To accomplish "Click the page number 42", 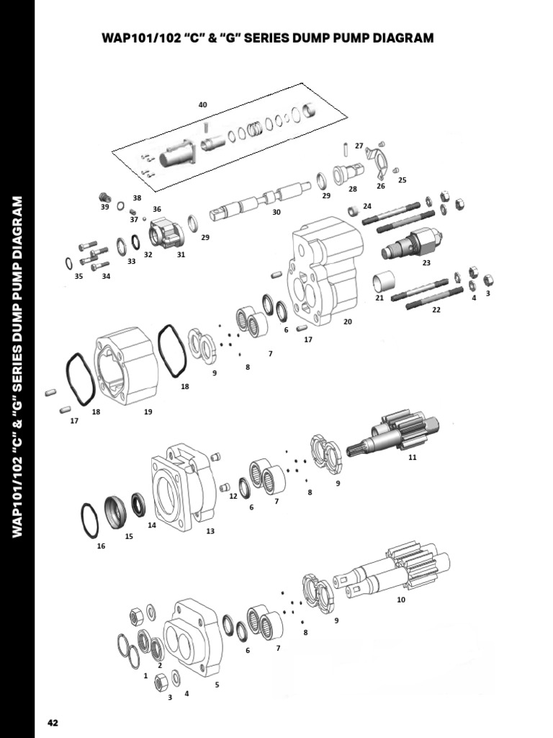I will [x=53, y=722].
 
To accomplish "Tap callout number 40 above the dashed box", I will [x=202, y=105].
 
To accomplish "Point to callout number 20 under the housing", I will [x=348, y=321].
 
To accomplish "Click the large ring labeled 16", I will [x=89, y=520].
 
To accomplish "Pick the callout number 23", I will [x=426, y=263].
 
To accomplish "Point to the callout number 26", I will [x=381, y=186].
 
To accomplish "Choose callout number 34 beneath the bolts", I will [x=106, y=276].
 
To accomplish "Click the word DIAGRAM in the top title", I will [x=399, y=37].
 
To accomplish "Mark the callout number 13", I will [x=210, y=531].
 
